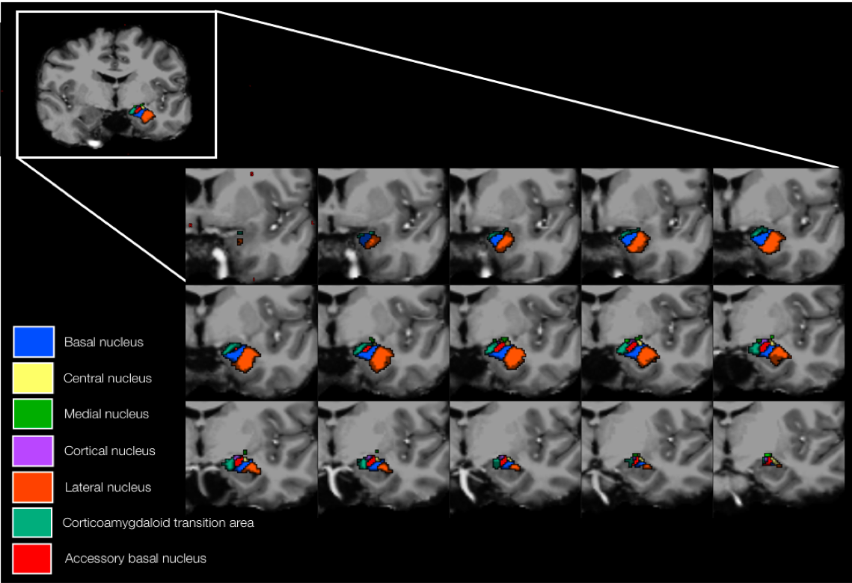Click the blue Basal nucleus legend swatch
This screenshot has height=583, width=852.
click(x=34, y=342)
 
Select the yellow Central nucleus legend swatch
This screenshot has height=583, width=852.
click(x=34, y=378)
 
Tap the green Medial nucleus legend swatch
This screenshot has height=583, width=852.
click(x=33, y=414)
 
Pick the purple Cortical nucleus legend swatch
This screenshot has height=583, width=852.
click(x=34, y=451)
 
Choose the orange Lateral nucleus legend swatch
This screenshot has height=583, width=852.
click(x=33, y=486)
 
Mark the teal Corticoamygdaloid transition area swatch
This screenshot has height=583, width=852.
click(x=33, y=522)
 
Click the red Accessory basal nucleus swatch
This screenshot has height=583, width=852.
click(x=33, y=558)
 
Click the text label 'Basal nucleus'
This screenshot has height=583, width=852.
click(x=103, y=342)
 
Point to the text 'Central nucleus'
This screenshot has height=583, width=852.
click(x=108, y=378)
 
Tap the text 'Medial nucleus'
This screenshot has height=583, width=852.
click(x=106, y=414)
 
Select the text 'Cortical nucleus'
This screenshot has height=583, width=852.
click(x=110, y=451)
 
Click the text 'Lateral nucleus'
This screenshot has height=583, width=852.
click(x=108, y=487)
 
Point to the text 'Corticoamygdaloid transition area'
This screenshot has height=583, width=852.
click(x=159, y=522)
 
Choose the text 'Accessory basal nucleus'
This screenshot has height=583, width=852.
click(x=135, y=558)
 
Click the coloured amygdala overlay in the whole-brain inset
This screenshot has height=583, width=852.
click(x=142, y=115)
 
